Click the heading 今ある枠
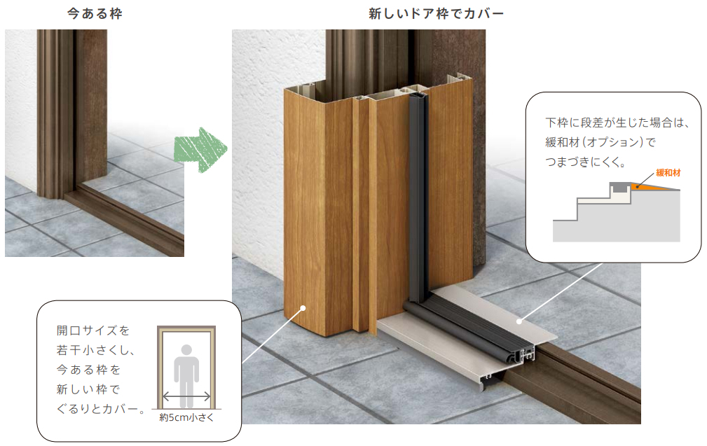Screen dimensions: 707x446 click(95, 13)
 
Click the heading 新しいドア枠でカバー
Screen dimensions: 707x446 click(436, 13)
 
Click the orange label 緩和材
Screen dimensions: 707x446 click(668, 172)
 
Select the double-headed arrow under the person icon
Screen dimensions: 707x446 click(186, 396)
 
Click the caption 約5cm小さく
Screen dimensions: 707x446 click(186, 417)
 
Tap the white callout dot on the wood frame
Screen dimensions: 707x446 click(303, 308)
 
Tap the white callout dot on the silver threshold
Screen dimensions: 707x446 click(519, 321)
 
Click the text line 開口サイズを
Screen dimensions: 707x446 click(93, 330)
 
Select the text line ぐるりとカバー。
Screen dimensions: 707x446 click(102, 409)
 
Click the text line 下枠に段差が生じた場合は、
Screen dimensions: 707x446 click(617, 123)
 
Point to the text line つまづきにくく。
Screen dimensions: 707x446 click(586, 162)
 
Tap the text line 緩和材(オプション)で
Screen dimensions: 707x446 click(600, 142)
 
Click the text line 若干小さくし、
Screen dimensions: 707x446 click(95, 350)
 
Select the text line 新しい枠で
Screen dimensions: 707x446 click(88, 389)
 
